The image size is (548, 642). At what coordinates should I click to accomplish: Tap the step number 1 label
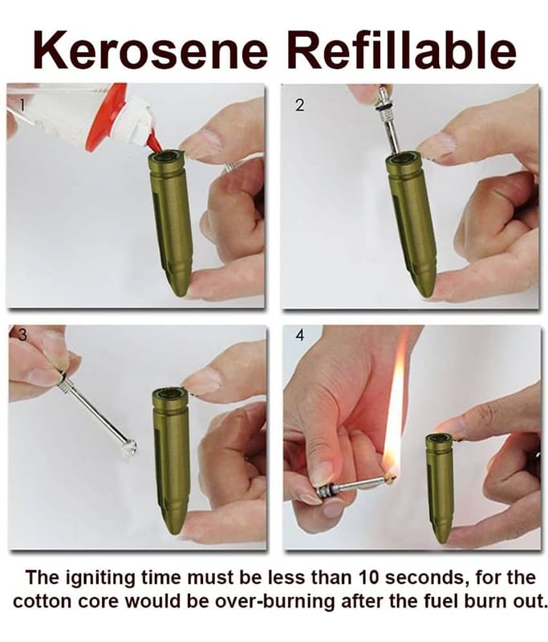[x=23, y=106]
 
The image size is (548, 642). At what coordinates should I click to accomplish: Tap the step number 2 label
[x=299, y=106]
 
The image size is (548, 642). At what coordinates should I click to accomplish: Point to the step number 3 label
[x=22, y=335]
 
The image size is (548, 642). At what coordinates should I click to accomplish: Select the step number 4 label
[x=300, y=335]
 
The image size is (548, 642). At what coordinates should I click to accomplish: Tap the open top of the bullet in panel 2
[x=404, y=158]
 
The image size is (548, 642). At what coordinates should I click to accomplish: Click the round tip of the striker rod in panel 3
[x=129, y=446]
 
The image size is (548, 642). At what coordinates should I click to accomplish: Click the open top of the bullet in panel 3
[x=170, y=394]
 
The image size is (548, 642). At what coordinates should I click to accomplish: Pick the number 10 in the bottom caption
[x=370, y=577]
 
